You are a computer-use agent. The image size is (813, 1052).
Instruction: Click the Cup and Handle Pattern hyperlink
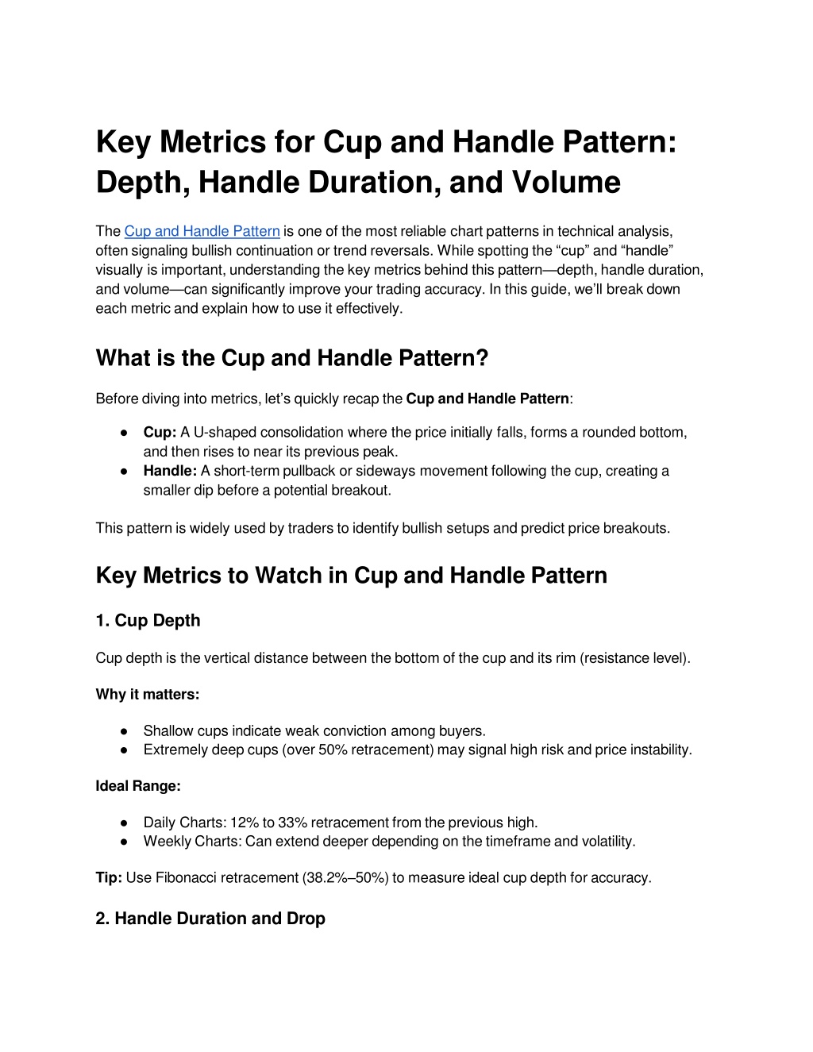(202, 231)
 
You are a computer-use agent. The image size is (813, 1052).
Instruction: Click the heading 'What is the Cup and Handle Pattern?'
(291, 358)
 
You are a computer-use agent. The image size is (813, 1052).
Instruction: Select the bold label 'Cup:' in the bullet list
(160, 433)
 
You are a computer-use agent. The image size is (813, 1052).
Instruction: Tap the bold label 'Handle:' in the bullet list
(170, 471)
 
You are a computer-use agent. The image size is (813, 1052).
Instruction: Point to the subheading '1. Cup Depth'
(148, 621)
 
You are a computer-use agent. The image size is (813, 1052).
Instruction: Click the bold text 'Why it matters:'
(147, 695)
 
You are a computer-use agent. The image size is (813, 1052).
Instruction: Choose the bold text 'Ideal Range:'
(138, 786)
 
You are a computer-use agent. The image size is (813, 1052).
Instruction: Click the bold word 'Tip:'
(109, 877)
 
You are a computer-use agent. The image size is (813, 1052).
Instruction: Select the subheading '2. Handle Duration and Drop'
(210, 919)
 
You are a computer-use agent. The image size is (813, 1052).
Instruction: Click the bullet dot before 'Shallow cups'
(125, 731)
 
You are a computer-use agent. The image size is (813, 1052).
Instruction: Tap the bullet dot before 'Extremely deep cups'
(125, 750)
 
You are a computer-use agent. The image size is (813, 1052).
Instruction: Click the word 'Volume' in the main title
(566, 182)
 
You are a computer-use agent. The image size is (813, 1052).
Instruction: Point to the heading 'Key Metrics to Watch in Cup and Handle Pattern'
(351, 576)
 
